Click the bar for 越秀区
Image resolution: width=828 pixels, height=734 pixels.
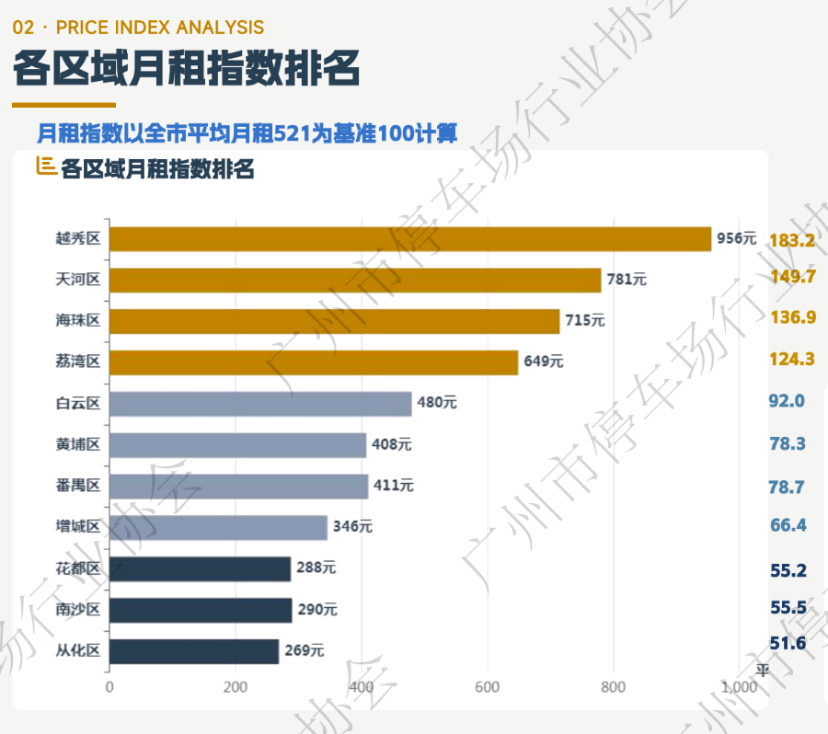coord(409,239)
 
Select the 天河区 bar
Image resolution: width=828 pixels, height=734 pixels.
coord(354,281)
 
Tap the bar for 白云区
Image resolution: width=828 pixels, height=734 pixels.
coord(260,404)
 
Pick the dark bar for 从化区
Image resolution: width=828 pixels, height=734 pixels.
coord(193,651)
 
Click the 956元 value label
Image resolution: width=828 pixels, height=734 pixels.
coord(736,239)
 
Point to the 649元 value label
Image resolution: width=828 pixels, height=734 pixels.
coord(543,362)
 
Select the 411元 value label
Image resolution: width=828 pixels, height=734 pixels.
coord(393,486)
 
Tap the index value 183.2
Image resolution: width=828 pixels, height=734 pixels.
coord(792,241)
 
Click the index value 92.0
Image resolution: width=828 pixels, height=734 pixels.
coord(787,401)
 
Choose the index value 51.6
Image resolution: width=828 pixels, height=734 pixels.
coord(788,643)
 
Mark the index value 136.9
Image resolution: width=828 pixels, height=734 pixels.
coord(792,317)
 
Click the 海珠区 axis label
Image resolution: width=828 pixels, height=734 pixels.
coord(77,321)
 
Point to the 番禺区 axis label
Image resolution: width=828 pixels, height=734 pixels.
coord(77,486)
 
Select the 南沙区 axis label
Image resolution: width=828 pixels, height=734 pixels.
coord(77,609)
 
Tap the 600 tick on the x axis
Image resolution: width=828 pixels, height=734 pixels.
coord(488,687)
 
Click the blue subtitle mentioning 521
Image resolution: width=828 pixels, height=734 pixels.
coord(247,134)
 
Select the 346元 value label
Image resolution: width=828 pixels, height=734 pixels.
coord(352,527)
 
